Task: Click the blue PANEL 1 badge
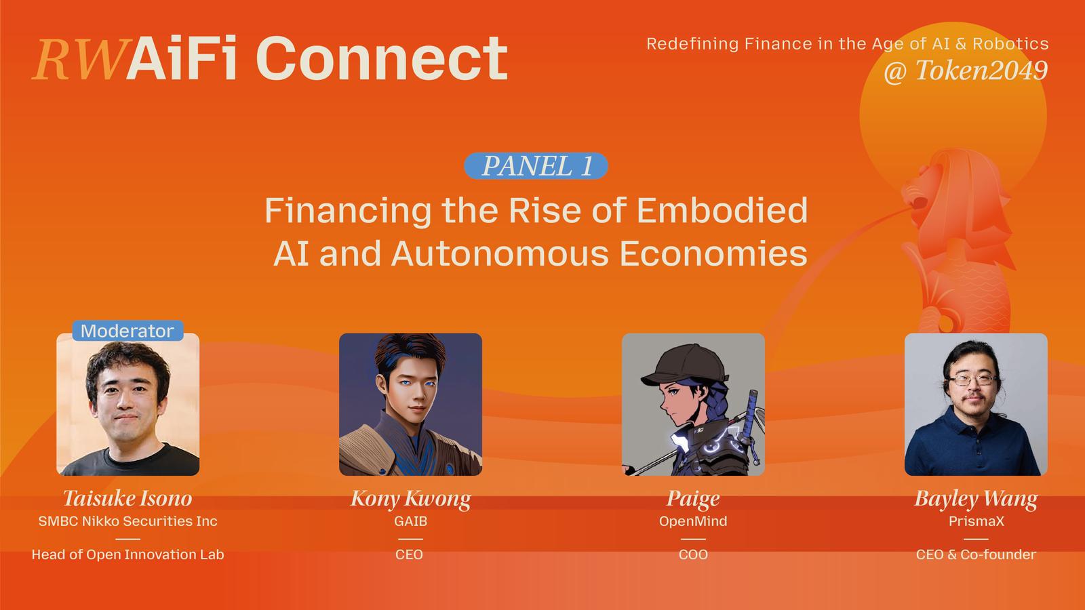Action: tap(536, 166)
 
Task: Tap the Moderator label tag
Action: tap(128, 331)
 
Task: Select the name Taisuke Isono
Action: tap(127, 499)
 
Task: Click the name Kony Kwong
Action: tap(411, 499)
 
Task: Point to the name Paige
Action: tap(693, 499)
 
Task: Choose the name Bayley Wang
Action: tap(976, 499)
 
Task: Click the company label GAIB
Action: tap(411, 521)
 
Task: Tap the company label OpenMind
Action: tap(693, 521)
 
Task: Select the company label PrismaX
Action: tap(976, 521)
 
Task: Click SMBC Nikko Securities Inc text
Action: tap(128, 521)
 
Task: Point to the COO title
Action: tap(693, 554)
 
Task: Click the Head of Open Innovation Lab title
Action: tap(128, 554)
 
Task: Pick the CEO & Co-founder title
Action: tap(976, 554)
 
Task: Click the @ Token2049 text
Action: tap(966, 70)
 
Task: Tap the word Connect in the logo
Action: tap(382, 58)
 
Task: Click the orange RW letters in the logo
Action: tap(82, 60)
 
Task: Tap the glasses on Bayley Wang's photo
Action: tap(972, 380)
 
